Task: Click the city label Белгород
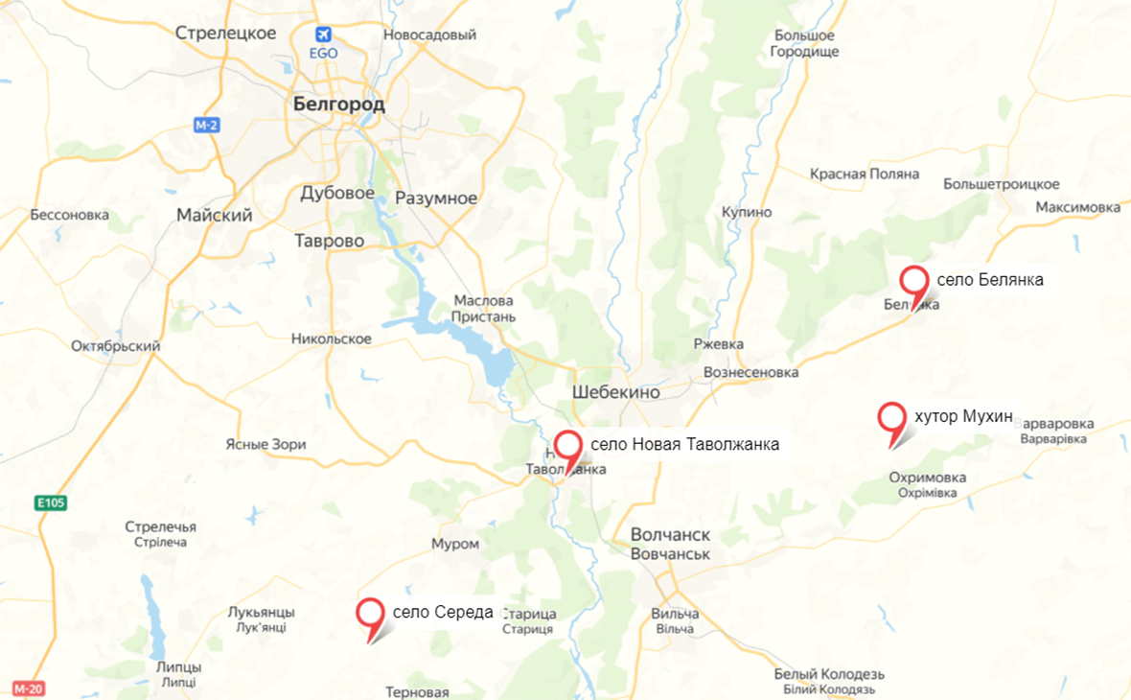click(338, 104)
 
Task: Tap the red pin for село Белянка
click(915, 282)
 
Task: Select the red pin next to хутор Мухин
click(892, 418)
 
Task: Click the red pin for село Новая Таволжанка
click(569, 447)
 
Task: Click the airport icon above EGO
click(324, 35)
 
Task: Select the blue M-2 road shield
click(206, 126)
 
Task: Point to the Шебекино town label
click(616, 392)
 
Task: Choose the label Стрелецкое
click(226, 34)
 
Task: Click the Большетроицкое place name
click(1002, 183)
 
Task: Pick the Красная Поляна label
click(865, 174)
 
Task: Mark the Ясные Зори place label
click(265, 444)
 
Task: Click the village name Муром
click(455, 544)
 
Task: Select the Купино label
click(748, 211)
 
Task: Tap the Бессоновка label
click(70, 215)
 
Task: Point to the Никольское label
click(332, 338)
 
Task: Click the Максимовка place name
click(1078, 207)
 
